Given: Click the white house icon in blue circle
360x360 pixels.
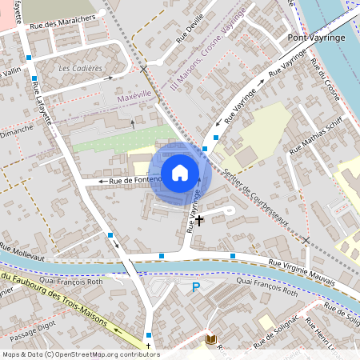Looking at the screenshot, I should tap(180, 172).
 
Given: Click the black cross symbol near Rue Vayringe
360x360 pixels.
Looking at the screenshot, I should tap(199, 218).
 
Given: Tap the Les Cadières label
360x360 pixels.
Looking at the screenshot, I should tap(80, 69).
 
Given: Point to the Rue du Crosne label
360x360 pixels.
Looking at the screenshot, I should tap(326, 87).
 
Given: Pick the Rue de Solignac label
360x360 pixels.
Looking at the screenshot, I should tap(277, 335).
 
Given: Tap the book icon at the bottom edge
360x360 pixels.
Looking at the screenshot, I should tap(211, 339).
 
